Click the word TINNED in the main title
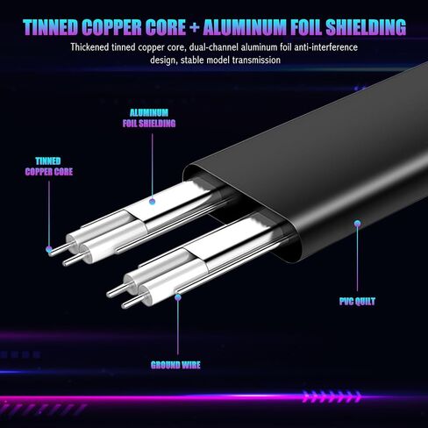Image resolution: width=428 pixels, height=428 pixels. (x=51, y=27)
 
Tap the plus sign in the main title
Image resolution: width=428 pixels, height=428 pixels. (x=194, y=28)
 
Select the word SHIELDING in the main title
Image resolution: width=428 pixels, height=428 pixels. (x=366, y=27)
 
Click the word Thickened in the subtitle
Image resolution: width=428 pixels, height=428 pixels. (x=89, y=47)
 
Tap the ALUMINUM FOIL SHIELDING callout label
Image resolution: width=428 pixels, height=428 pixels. (x=149, y=118)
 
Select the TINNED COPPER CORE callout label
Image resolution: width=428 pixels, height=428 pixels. (x=49, y=167)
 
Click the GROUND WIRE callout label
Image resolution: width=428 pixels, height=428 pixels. (x=175, y=365)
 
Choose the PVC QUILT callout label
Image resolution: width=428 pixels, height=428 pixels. (x=357, y=302)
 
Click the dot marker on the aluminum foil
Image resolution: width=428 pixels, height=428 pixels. (x=152, y=202)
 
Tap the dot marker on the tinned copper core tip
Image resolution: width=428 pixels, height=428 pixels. (x=49, y=249)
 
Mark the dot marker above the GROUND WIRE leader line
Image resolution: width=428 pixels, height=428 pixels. (x=178, y=297)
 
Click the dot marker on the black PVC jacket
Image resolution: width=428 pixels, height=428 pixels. (x=357, y=224)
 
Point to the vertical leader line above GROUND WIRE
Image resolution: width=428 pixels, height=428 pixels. (x=178, y=328)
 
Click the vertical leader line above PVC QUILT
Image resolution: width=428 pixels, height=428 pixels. (x=357, y=259)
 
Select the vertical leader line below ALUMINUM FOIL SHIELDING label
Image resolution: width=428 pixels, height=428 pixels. (x=152, y=166)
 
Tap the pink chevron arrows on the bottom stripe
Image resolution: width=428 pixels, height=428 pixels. (x=332, y=396)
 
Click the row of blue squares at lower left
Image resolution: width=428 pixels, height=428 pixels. (x=20, y=355)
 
